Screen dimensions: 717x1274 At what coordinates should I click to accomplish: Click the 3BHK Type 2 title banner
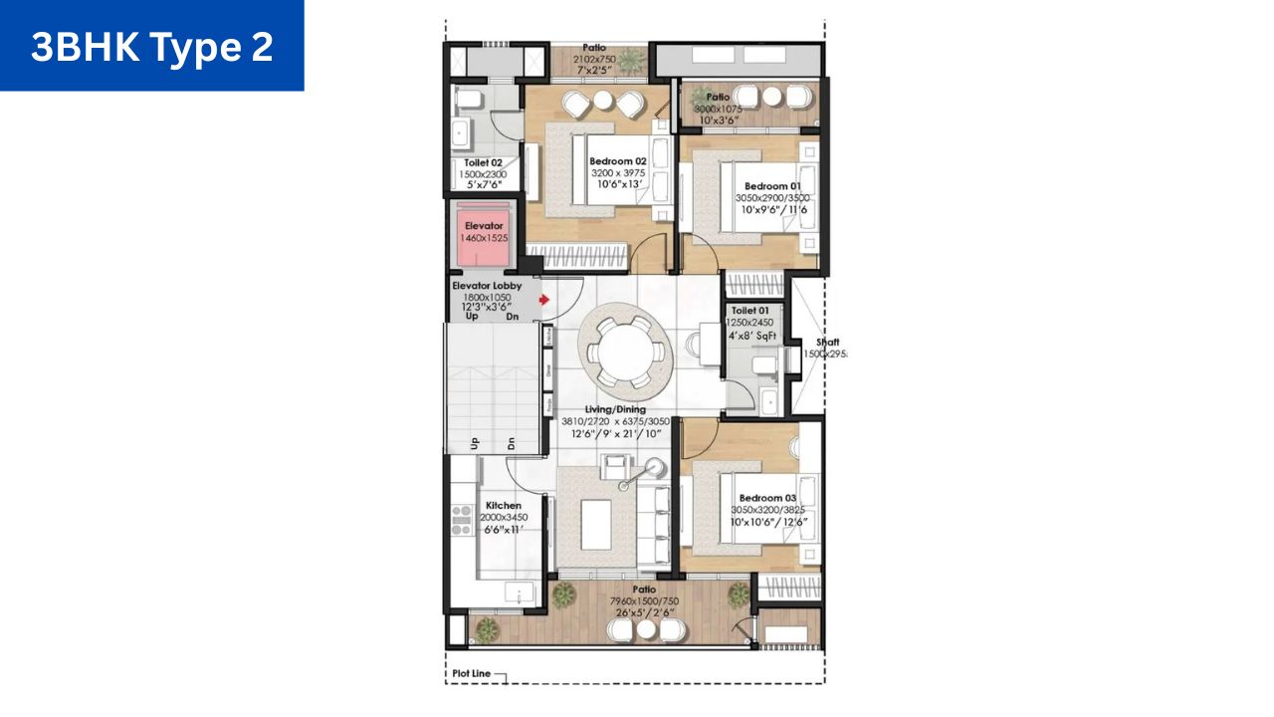(x=151, y=46)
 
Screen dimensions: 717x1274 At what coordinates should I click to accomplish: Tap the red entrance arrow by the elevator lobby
(x=543, y=299)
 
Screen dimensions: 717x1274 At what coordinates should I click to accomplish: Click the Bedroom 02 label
(x=617, y=161)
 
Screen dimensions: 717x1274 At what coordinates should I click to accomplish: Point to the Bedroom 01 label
(x=772, y=186)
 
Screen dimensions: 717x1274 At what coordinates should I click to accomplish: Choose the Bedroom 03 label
(x=766, y=498)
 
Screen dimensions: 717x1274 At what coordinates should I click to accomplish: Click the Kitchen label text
(x=503, y=506)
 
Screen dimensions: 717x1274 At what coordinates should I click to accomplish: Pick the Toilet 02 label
(x=484, y=162)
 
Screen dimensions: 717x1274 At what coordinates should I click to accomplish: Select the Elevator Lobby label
(x=487, y=286)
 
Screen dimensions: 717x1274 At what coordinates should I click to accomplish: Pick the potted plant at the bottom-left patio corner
(x=487, y=629)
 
